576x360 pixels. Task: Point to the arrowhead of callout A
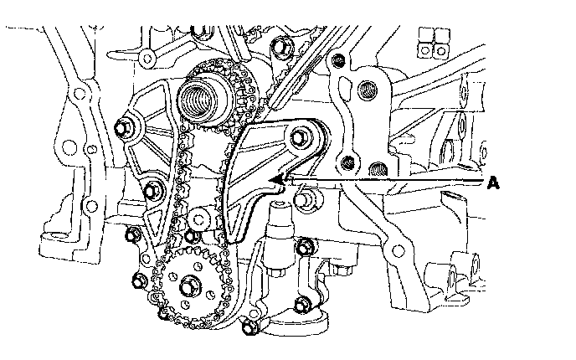(274, 178)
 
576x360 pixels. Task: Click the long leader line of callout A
(385, 179)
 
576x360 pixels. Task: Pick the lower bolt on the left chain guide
(152, 189)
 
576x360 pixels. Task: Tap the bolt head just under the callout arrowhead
(307, 199)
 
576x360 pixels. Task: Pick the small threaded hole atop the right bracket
(338, 60)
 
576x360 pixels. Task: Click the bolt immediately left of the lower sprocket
(139, 279)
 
